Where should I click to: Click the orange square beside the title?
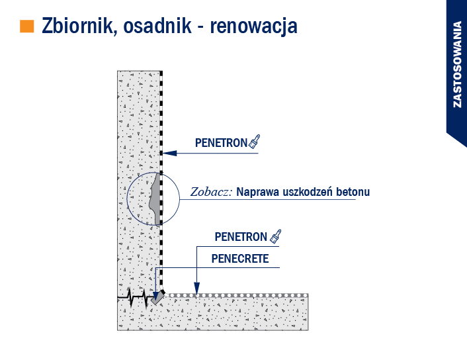(27, 26)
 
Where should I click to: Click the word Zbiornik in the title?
(77, 26)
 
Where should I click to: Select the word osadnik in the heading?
(157, 26)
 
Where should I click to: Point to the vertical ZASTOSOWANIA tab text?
(457, 64)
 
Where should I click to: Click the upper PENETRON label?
(222, 143)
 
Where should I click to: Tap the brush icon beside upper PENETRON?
(254, 142)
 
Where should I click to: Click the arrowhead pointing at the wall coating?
(170, 153)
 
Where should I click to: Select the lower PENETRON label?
(241, 237)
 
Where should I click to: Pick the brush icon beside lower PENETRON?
(275, 236)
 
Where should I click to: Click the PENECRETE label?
(240, 259)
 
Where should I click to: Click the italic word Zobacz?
(211, 192)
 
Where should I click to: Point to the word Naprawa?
(258, 192)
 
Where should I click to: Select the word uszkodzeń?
(308, 192)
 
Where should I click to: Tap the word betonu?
(353, 192)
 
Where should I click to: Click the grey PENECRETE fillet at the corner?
(158, 297)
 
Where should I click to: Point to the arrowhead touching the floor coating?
(196, 289)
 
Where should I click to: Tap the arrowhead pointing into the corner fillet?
(155, 296)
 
